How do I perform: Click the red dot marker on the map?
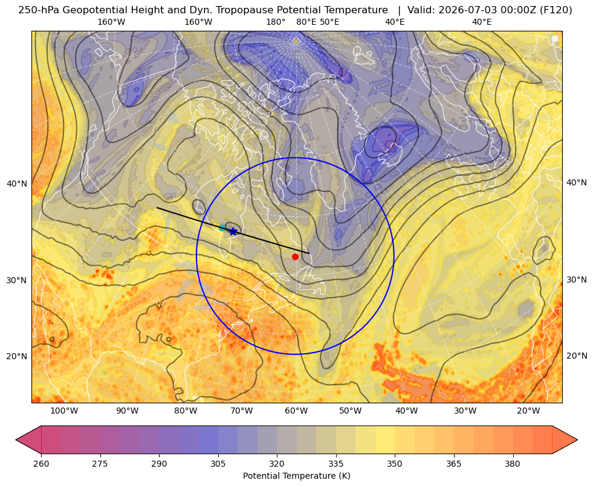point(296,257)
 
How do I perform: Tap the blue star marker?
point(233,231)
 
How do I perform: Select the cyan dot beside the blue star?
point(222,228)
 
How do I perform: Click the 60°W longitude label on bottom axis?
point(296,411)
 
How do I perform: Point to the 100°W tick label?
point(64,411)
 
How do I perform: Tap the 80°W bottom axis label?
point(186,411)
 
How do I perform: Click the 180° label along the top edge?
point(276,22)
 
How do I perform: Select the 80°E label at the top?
point(306,22)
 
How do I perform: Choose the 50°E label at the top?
point(329,22)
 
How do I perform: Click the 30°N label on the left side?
point(17,280)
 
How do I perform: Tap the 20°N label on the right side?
point(577,356)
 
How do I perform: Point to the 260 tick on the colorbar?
point(41,464)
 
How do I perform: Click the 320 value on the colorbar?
point(277,464)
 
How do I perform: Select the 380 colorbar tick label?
point(513,464)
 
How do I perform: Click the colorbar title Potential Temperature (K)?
point(296,476)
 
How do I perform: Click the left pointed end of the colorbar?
point(16,440)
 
